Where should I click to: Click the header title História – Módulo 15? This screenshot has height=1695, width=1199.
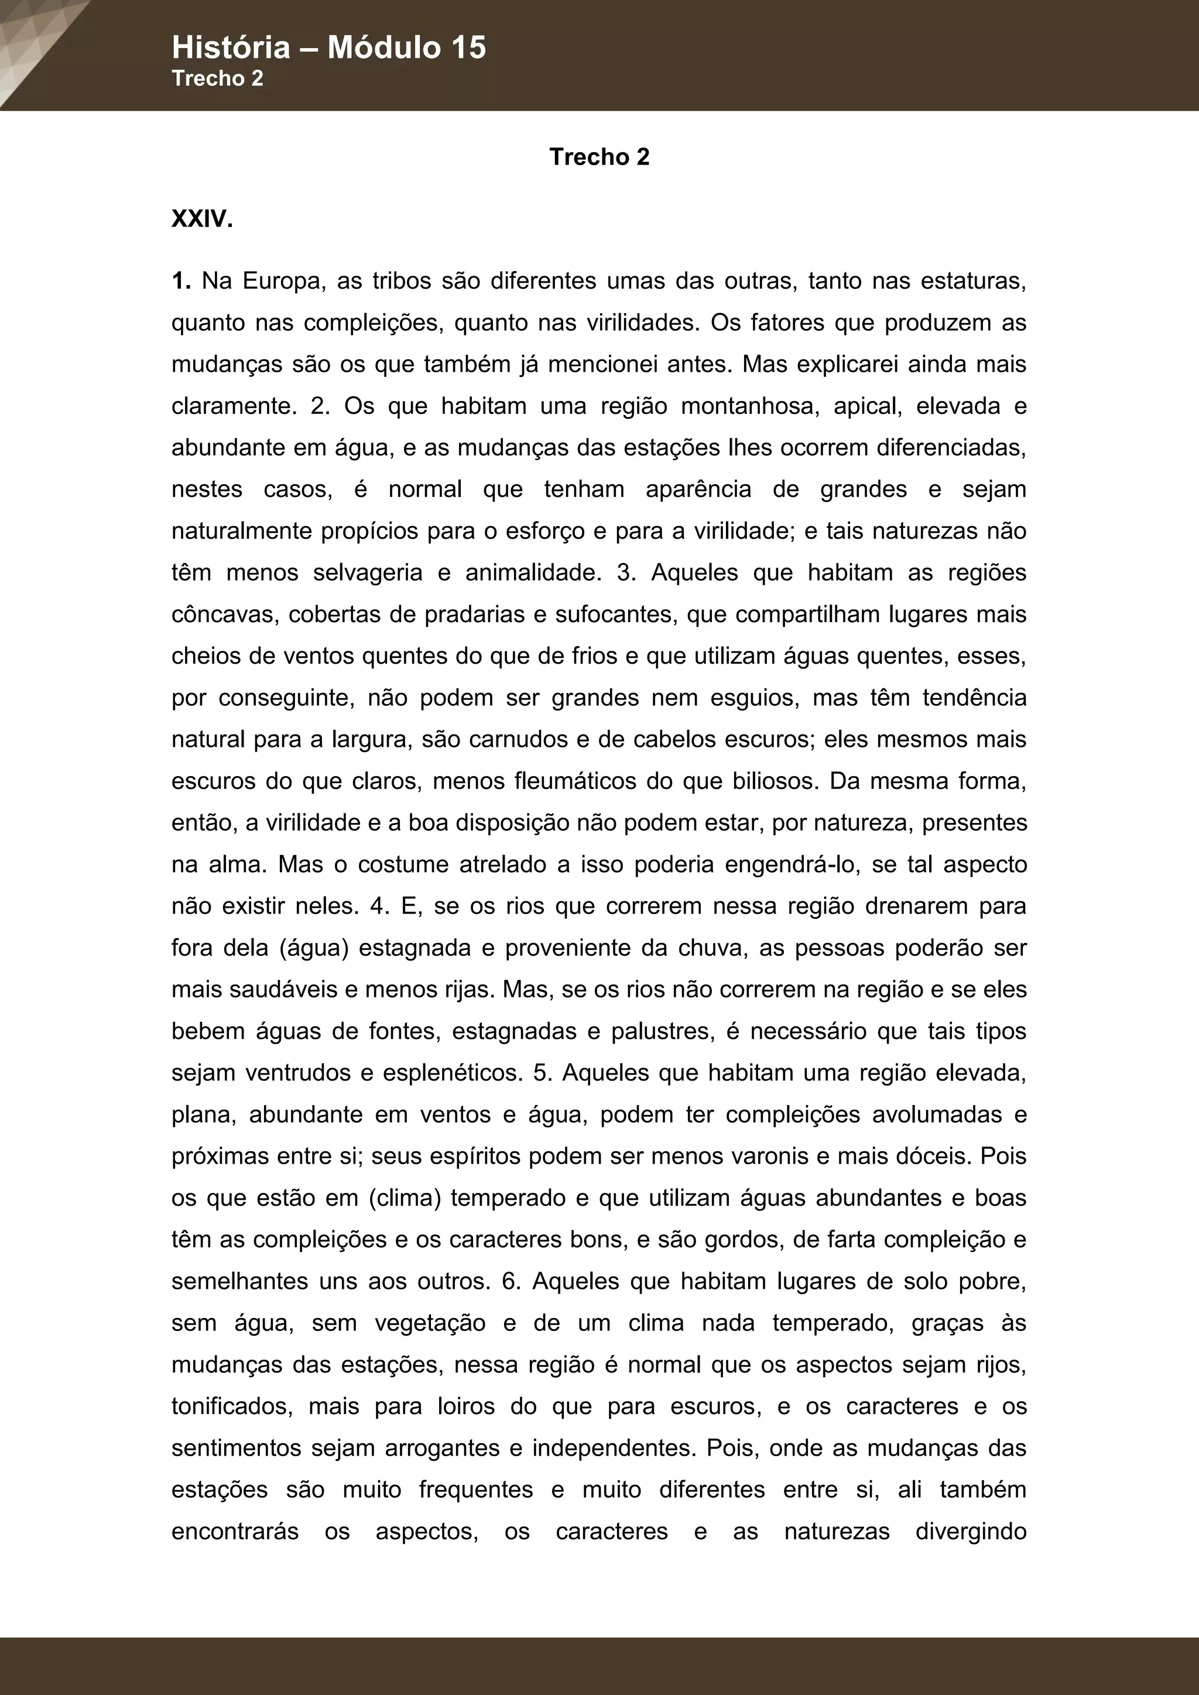pyautogui.click(x=328, y=48)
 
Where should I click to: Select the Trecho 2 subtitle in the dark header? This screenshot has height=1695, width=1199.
pyautogui.click(x=217, y=79)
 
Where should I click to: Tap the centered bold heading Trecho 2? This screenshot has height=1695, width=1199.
pyautogui.click(x=599, y=157)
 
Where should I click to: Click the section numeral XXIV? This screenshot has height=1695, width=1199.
pyautogui.click(x=201, y=219)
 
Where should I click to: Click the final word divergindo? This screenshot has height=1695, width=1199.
pyautogui.click(x=970, y=1531)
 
